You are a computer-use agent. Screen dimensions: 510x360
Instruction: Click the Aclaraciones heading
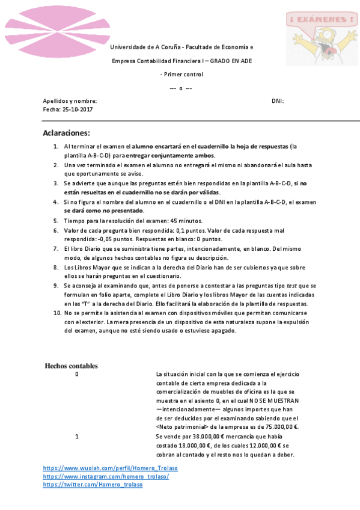(x=66, y=133)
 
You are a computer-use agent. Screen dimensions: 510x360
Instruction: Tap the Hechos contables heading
(x=71, y=366)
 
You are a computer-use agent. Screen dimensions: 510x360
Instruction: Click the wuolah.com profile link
(x=110, y=468)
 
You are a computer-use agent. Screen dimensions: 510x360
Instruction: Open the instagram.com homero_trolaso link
(x=106, y=476)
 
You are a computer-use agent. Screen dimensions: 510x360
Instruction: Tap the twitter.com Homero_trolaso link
(x=93, y=485)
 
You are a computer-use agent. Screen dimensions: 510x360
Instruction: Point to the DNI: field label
(x=278, y=101)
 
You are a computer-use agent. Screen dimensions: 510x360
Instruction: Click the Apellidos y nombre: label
(x=70, y=101)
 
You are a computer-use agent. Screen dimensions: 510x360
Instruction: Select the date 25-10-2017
(x=77, y=109)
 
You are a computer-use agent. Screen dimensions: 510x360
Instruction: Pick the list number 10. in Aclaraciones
(x=56, y=313)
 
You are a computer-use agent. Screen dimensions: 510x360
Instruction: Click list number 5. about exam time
(x=58, y=221)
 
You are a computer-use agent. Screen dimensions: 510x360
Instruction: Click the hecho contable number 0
(x=76, y=374)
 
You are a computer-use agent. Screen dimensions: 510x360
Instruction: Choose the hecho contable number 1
(x=76, y=436)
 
